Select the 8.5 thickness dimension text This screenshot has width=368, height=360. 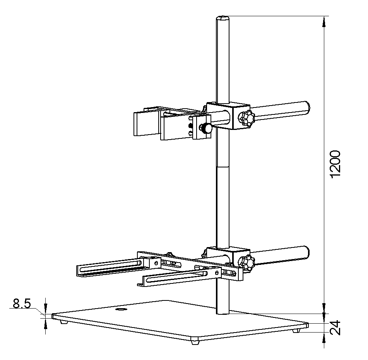22,304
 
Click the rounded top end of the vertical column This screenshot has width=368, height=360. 223,17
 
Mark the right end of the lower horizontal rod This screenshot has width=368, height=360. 306,253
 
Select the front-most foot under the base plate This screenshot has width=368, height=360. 195,342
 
